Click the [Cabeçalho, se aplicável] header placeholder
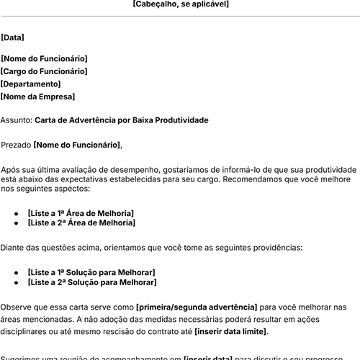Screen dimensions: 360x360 181,4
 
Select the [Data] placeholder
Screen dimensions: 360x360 12,37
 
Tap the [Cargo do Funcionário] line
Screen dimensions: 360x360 44,71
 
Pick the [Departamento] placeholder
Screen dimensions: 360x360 32,84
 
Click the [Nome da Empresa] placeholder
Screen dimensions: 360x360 37,96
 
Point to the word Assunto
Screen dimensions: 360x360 16,120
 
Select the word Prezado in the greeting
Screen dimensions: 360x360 16,145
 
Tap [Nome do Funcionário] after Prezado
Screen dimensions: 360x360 77,145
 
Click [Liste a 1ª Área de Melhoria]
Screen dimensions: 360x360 81,213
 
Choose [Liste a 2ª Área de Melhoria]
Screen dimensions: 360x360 81,223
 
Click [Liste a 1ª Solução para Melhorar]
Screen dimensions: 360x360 91,272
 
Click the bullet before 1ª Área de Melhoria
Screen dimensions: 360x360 16,214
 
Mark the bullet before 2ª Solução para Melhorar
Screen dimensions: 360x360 16,283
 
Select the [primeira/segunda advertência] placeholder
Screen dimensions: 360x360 196,307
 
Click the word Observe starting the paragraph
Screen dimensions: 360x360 17,307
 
